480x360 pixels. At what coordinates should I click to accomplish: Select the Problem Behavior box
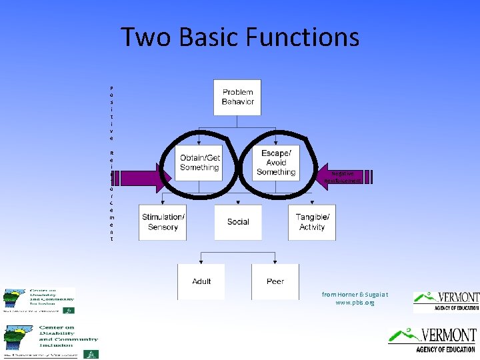point(237,97)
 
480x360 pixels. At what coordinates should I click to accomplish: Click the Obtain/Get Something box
point(199,163)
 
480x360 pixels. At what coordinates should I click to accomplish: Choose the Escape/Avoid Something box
point(275,163)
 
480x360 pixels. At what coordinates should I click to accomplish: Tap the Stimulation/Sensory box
point(163,222)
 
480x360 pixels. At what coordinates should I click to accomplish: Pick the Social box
point(237,222)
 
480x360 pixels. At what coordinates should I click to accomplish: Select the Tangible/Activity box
point(312,222)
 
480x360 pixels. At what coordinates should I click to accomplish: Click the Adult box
point(201,281)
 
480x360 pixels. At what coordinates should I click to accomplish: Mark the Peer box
point(275,281)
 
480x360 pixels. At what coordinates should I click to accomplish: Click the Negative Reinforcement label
point(343,177)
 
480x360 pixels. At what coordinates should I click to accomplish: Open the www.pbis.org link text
point(355,303)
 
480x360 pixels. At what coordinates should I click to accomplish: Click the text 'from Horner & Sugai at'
point(355,294)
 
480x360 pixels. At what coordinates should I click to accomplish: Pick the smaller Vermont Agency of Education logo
point(446,301)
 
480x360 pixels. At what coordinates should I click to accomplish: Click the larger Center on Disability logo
point(50,341)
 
